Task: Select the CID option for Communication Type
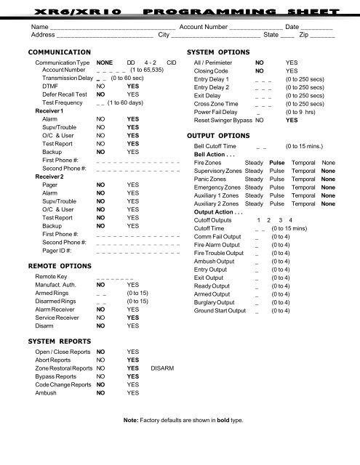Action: point(171,64)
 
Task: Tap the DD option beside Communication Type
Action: point(131,64)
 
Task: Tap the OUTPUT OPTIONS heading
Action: point(221,135)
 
